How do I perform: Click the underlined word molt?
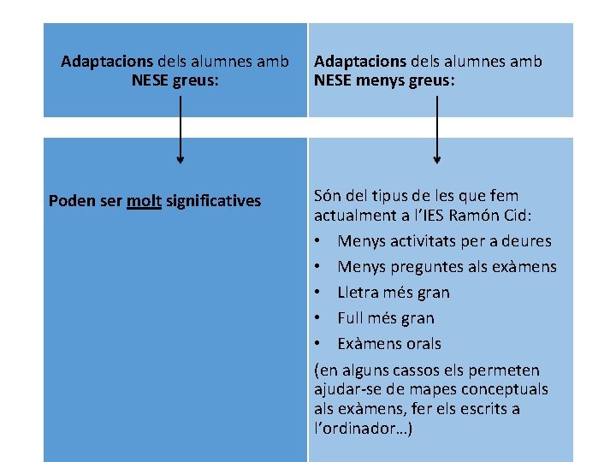pos(145,201)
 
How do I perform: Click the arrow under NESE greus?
pos(180,128)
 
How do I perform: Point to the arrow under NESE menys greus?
pos(437,128)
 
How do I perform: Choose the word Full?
pos(352,318)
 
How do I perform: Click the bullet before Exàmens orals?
pos(317,344)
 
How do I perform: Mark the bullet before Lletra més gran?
pos(317,293)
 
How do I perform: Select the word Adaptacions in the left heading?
pos(107,62)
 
